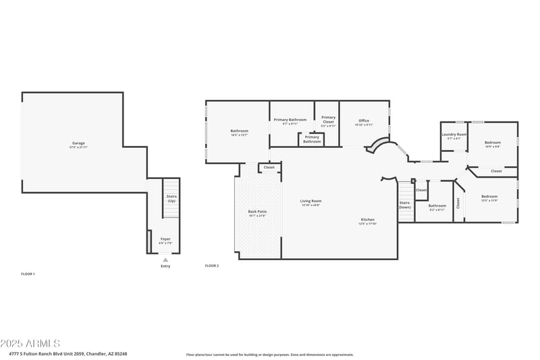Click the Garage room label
click(79, 144)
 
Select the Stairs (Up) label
click(171, 199)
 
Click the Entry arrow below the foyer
click(165, 259)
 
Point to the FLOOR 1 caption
click(28, 274)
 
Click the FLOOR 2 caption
click(212, 265)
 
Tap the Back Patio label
click(257, 213)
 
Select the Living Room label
click(310, 201)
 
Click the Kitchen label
click(368, 220)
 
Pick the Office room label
click(364, 122)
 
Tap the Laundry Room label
click(454, 135)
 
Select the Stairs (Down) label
click(404, 205)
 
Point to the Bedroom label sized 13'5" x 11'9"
click(489, 198)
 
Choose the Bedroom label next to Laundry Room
click(493, 143)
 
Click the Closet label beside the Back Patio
click(269, 167)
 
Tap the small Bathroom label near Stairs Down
click(437, 207)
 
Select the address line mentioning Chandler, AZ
click(68, 353)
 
